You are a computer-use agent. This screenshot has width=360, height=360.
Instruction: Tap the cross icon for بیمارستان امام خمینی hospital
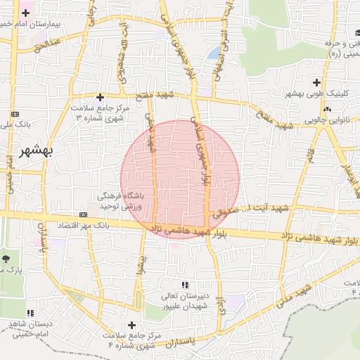point(26,13)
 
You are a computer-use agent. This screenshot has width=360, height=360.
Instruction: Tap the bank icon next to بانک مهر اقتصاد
point(84,214)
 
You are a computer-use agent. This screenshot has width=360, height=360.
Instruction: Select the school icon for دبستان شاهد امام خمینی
point(30,312)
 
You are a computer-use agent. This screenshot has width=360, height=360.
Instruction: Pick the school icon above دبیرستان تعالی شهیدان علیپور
point(185,285)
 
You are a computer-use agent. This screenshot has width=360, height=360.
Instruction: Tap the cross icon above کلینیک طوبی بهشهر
point(323,83)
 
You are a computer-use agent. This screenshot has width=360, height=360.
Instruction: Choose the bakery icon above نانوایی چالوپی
point(327,109)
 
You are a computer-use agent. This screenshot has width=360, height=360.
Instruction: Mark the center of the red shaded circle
point(180,179)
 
